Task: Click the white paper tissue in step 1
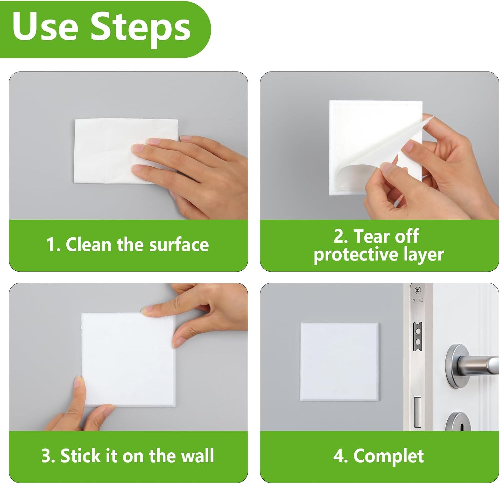tap(126, 151)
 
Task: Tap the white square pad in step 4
tap(339, 359)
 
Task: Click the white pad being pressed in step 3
tap(128, 359)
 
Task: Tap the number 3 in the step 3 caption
tap(45, 456)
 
